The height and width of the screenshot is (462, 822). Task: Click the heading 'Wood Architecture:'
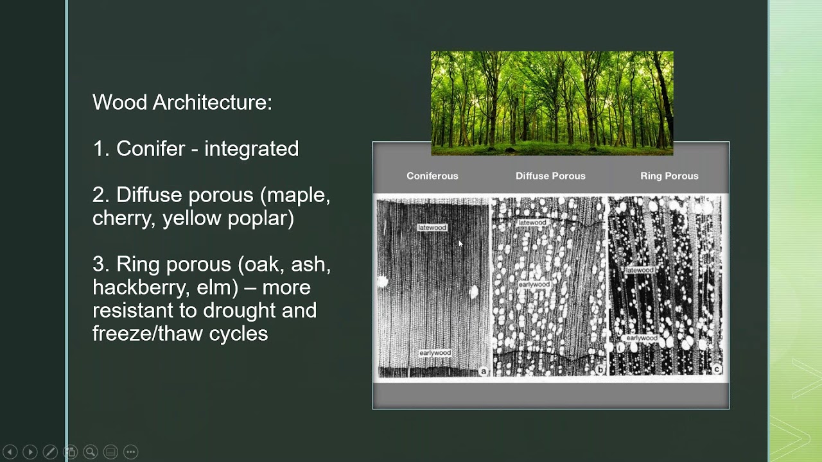[x=182, y=103]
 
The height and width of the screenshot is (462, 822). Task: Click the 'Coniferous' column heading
[x=432, y=176]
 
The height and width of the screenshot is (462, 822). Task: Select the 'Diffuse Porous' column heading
[x=550, y=176]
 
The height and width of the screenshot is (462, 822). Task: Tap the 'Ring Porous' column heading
[x=669, y=176]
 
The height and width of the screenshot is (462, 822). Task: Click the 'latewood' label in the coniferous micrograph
[x=432, y=228]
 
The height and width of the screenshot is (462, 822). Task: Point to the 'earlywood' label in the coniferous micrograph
[x=435, y=354]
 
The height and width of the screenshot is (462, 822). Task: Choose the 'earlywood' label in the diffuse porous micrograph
[x=534, y=284]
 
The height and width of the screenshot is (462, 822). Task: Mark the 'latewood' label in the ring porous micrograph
[x=640, y=271]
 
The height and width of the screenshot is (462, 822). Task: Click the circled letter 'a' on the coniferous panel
[x=484, y=371]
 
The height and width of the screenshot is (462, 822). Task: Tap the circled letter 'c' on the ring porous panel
[x=717, y=369]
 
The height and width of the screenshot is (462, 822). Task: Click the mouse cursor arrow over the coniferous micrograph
[x=460, y=244]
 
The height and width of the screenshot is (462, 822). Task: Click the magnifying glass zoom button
[x=90, y=452]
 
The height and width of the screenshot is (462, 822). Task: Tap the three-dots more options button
[x=130, y=452]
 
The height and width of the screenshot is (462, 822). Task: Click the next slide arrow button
[x=30, y=452]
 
